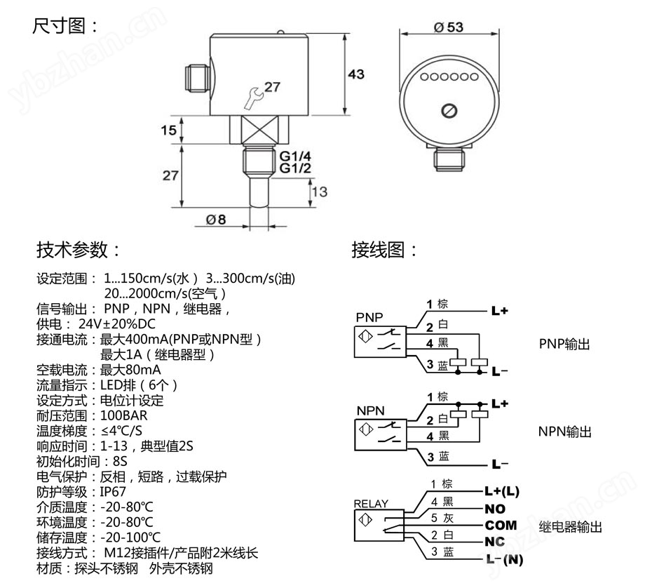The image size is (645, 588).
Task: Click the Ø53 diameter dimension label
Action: [x=449, y=27]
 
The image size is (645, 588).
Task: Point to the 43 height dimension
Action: [x=356, y=74]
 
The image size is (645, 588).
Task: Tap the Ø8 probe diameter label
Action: [x=215, y=219]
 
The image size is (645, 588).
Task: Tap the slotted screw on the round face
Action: [x=449, y=111]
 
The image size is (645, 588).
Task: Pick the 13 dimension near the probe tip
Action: [x=319, y=192]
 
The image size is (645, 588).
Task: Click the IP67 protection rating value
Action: [x=114, y=492]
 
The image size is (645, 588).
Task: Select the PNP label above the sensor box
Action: [x=369, y=316]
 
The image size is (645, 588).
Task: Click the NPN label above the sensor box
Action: [x=370, y=410]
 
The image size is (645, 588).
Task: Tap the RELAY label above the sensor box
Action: [x=370, y=503]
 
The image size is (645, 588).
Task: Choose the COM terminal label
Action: [x=501, y=525]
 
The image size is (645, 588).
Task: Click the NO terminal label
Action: [x=495, y=508]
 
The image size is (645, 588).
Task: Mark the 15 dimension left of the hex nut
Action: [x=168, y=131]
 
